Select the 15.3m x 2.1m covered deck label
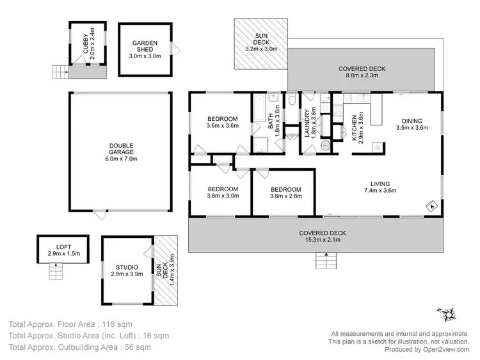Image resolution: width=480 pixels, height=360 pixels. [x=325, y=236]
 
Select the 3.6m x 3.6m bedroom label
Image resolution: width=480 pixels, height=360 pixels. [x=222, y=122]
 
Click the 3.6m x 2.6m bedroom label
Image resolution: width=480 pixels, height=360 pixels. [x=285, y=193]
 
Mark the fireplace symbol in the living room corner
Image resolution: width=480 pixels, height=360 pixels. [x=431, y=206]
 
